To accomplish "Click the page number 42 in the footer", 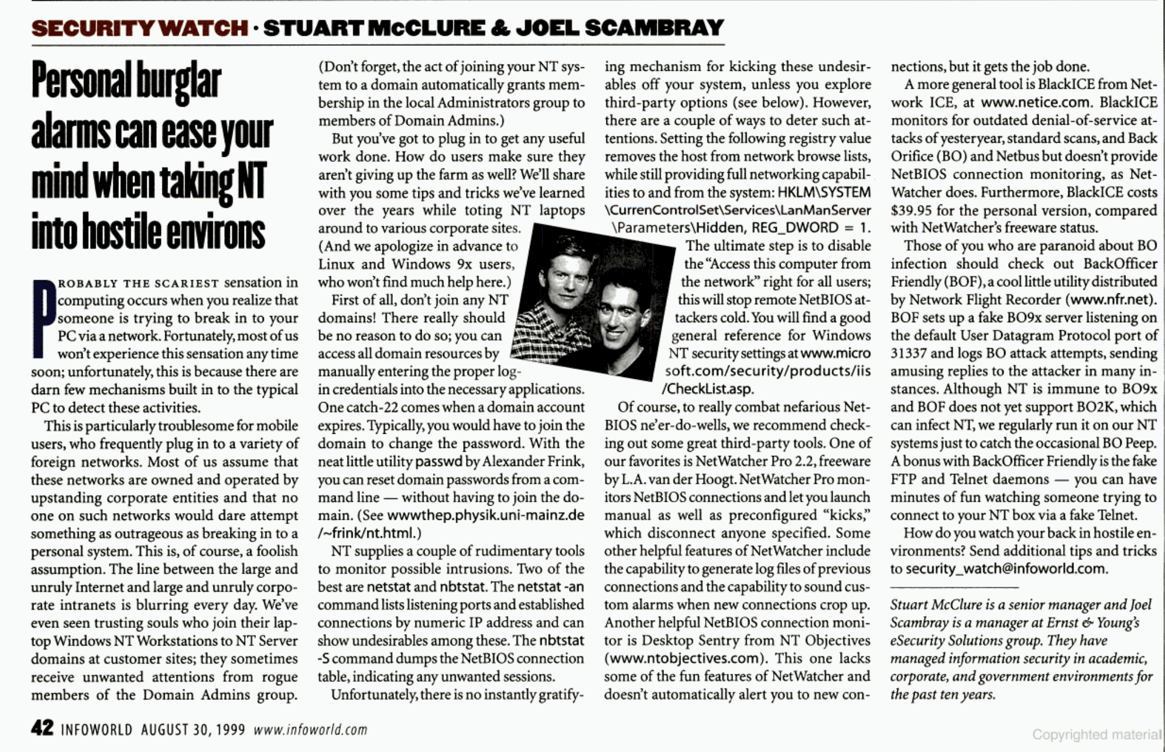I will [42, 728].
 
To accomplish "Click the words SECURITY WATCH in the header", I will [139, 28].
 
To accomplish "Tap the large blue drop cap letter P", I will [44, 318].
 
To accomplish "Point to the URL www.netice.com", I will [1035, 102].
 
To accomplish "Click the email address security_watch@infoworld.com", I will [1005, 569].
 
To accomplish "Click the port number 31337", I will [908, 353].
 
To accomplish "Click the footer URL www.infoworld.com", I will [310, 730].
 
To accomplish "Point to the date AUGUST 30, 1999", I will [192, 730].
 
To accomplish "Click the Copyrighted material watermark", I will [1096, 734].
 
